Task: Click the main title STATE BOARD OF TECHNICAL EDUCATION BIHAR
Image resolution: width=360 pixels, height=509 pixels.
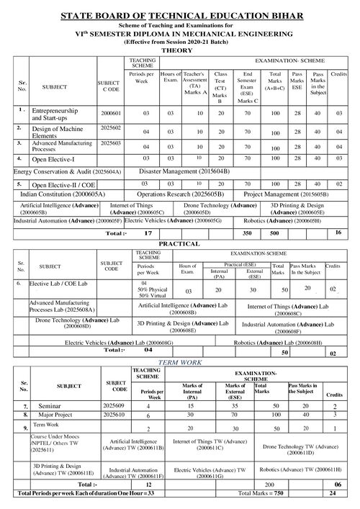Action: point(179,14)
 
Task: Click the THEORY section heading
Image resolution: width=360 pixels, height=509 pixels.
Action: point(179,51)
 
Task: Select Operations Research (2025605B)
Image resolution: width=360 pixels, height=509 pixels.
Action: point(176,194)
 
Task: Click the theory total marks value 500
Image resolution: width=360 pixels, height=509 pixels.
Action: point(274,234)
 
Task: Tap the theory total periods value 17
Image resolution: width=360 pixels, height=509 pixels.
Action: point(148,234)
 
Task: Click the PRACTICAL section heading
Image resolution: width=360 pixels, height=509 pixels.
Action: point(179,245)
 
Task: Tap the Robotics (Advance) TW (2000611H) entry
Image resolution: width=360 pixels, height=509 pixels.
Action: point(300,469)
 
